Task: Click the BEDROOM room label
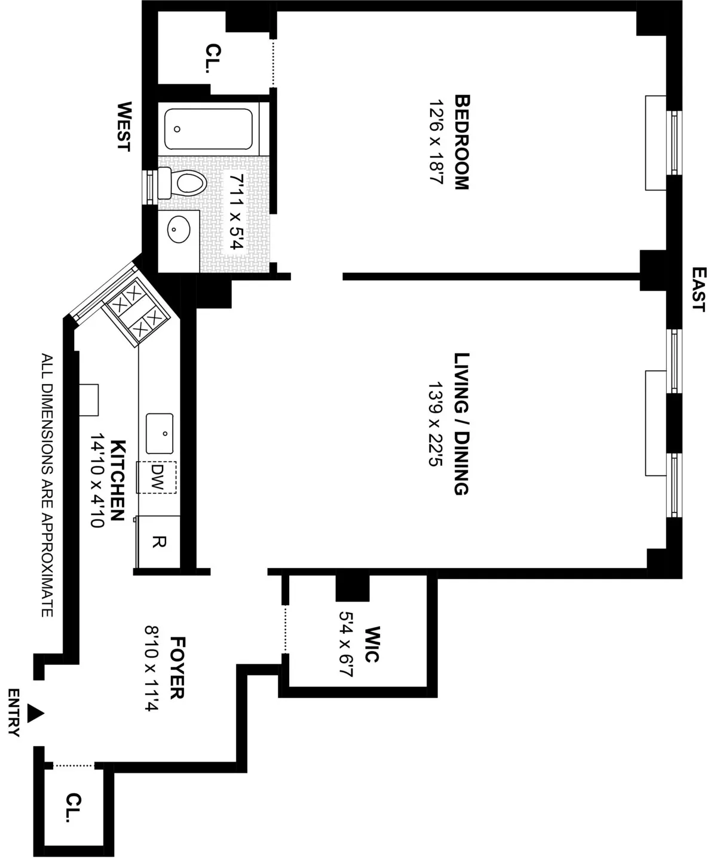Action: (x=462, y=142)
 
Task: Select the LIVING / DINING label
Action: (x=462, y=424)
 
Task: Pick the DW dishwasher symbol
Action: (x=157, y=477)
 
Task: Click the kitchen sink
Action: (x=160, y=433)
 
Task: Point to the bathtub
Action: (x=208, y=128)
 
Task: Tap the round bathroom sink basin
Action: (x=179, y=228)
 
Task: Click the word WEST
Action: (x=124, y=127)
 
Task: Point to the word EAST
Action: (x=697, y=289)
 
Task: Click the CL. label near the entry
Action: (x=74, y=808)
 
